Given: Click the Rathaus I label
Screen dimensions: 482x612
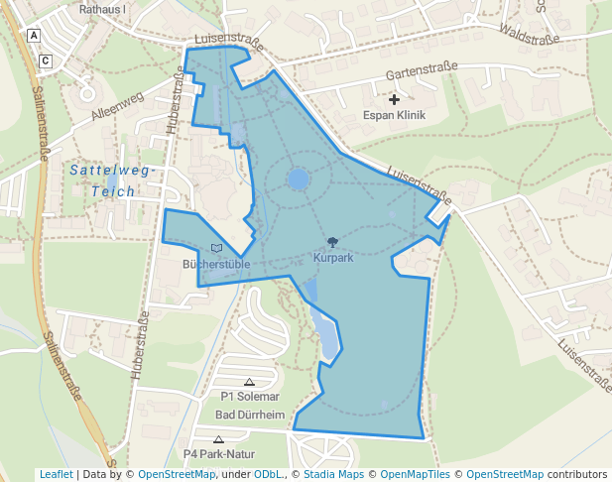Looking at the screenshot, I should tap(103, 10).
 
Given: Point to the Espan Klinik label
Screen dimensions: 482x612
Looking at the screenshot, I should tap(395, 115).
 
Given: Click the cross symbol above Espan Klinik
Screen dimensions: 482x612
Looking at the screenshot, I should tap(395, 99).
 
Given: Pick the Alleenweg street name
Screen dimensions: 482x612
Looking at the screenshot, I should tap(117, 102).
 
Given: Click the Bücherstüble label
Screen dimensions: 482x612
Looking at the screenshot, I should tap(216, 265).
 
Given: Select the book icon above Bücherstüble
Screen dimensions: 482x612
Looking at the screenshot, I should tap(216, 248).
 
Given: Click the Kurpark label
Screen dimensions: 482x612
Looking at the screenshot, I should tap(332, 257).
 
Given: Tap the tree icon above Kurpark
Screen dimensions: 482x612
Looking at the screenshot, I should tap(332, 242).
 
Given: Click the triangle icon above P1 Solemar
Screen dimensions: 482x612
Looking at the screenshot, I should tap(249, 381).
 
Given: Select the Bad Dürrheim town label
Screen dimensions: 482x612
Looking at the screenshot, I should tap(249, 414).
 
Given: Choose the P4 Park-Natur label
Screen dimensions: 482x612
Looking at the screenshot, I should tap(219, 454).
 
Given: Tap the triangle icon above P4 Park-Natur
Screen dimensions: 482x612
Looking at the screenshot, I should tap(219, 438).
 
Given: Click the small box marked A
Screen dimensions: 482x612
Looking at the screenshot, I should tap(35, 36).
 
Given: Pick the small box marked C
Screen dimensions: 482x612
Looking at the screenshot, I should tap(46, 61).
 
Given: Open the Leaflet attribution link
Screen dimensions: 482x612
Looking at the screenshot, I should tap(56, 474).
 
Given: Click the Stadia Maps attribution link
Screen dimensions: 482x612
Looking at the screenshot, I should tap(333, 474).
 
